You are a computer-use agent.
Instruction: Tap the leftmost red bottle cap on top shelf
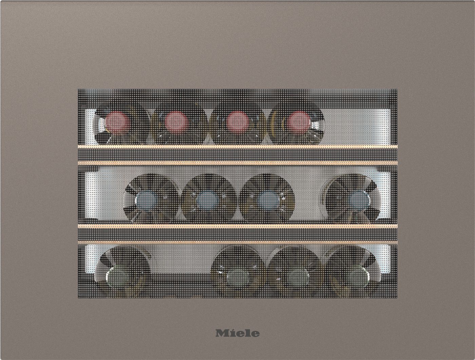click(x=118, y=123)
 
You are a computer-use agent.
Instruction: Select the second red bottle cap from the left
click(x=176, y=122)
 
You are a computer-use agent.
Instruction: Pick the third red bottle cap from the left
click(x=237, y=122)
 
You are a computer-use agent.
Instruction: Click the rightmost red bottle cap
click(x=298, y=122)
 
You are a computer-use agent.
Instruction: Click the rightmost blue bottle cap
click(x=357, y=199)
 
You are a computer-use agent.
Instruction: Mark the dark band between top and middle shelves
click(x=237, y=155)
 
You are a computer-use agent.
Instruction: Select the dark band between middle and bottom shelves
click(x=237, y=234)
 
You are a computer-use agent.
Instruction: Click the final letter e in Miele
click(x=255, y=334)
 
